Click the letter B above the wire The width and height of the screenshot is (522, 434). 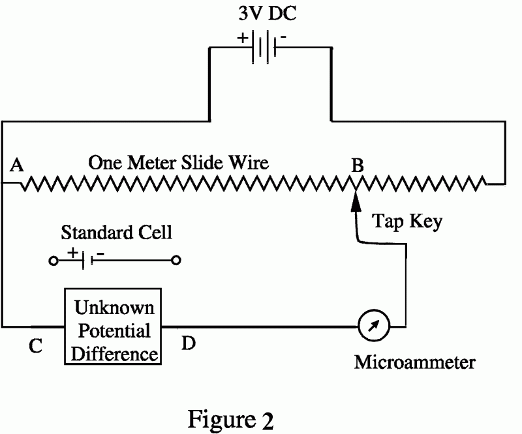tap(357, 166)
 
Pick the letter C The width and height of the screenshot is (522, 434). tap(36, 345)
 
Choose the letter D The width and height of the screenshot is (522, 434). tap(188, 343)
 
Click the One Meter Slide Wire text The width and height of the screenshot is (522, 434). tap(178, 163)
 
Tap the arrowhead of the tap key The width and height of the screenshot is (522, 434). tap(356, 203)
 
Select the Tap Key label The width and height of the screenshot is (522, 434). tap(408, 221)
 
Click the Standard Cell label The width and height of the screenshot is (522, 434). tap(117, 232)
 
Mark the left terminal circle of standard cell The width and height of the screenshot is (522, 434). tap(53, 261)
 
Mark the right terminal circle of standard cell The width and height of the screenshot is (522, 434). tap(176, 261)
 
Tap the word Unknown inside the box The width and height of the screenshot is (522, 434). tap(115, 308)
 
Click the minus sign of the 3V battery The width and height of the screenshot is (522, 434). tap(283, 38)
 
